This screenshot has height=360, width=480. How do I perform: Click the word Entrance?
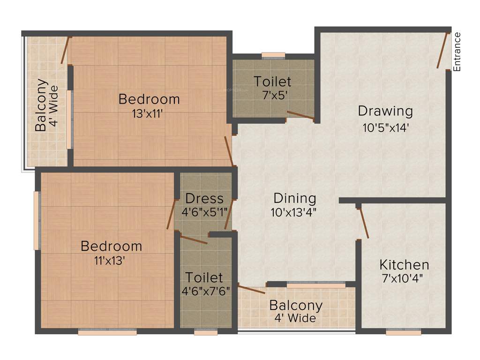(x=457, y=52)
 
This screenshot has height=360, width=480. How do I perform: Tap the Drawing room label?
(x=385, y=111)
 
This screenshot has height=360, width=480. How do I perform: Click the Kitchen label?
(x=404, y=264)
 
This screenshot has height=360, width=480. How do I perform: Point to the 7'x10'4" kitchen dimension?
(x=403, y=277)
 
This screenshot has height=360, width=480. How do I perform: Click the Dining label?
(x=295, y=198)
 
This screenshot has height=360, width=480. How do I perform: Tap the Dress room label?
(x=204, y=198)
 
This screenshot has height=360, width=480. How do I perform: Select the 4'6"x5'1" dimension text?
(x=204, y=211)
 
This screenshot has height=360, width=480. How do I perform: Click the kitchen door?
(x=363, y=223)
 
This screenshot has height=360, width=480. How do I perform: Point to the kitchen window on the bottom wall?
(x=404, y=332)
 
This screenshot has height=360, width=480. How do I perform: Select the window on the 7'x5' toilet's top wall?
(x=273, y=55)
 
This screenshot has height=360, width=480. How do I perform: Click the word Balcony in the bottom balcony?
(x=296, y=306)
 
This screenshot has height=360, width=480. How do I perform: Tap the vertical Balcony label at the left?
(x=41, y=105)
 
